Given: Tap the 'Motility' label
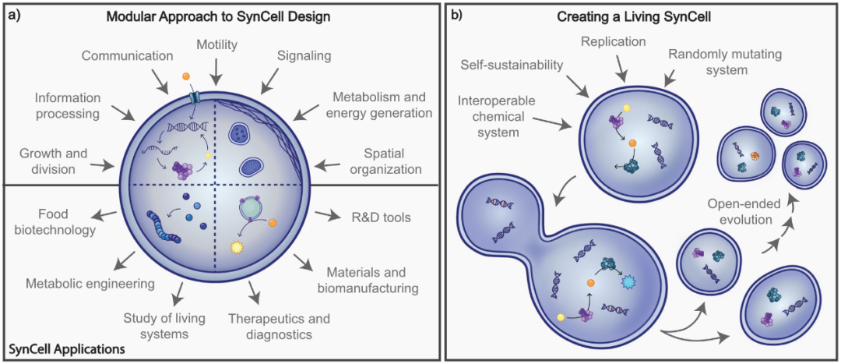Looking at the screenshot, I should tap(217, 45).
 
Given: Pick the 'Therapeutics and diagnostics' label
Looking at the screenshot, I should tap(279, 327).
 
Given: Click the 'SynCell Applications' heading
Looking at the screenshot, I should tap(65, 350).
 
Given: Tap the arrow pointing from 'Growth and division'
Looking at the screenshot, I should tap(104, 165).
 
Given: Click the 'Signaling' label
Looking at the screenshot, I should tap(304, 56).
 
